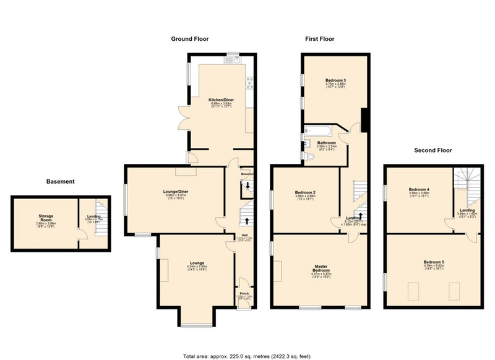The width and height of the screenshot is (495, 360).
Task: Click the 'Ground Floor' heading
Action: tap(189, 39)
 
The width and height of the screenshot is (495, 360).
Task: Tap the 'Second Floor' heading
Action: tap(433, 150)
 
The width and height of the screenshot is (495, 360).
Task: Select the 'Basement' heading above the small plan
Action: tap(61, 182)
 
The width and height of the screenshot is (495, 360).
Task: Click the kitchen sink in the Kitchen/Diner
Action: tap(236, 60)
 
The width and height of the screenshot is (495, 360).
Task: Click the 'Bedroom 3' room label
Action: tap(335, 80)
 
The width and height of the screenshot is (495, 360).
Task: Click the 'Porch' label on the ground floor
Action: tap(245, 294)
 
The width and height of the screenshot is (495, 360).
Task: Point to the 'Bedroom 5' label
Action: tap(433, 262)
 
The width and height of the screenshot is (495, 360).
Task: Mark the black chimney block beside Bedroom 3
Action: tap(364, 119)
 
